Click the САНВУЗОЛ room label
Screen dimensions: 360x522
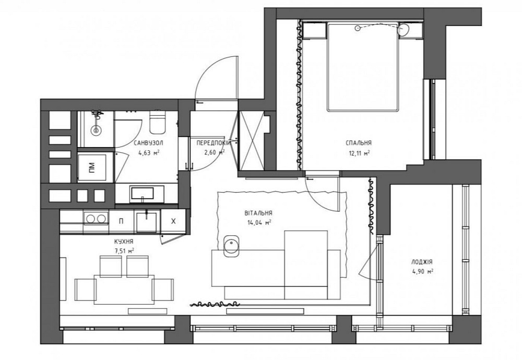149,142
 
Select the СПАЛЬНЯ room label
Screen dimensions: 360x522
358,142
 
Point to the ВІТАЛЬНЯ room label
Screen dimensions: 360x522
258,213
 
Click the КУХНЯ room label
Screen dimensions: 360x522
124,242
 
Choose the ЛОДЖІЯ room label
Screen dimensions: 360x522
422,262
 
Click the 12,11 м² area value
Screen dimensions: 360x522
359,153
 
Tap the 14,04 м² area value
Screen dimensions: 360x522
259,222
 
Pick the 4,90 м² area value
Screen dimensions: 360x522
422,271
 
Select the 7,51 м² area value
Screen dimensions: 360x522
124,250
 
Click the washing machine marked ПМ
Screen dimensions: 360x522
92,167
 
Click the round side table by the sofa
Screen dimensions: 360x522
230,245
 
